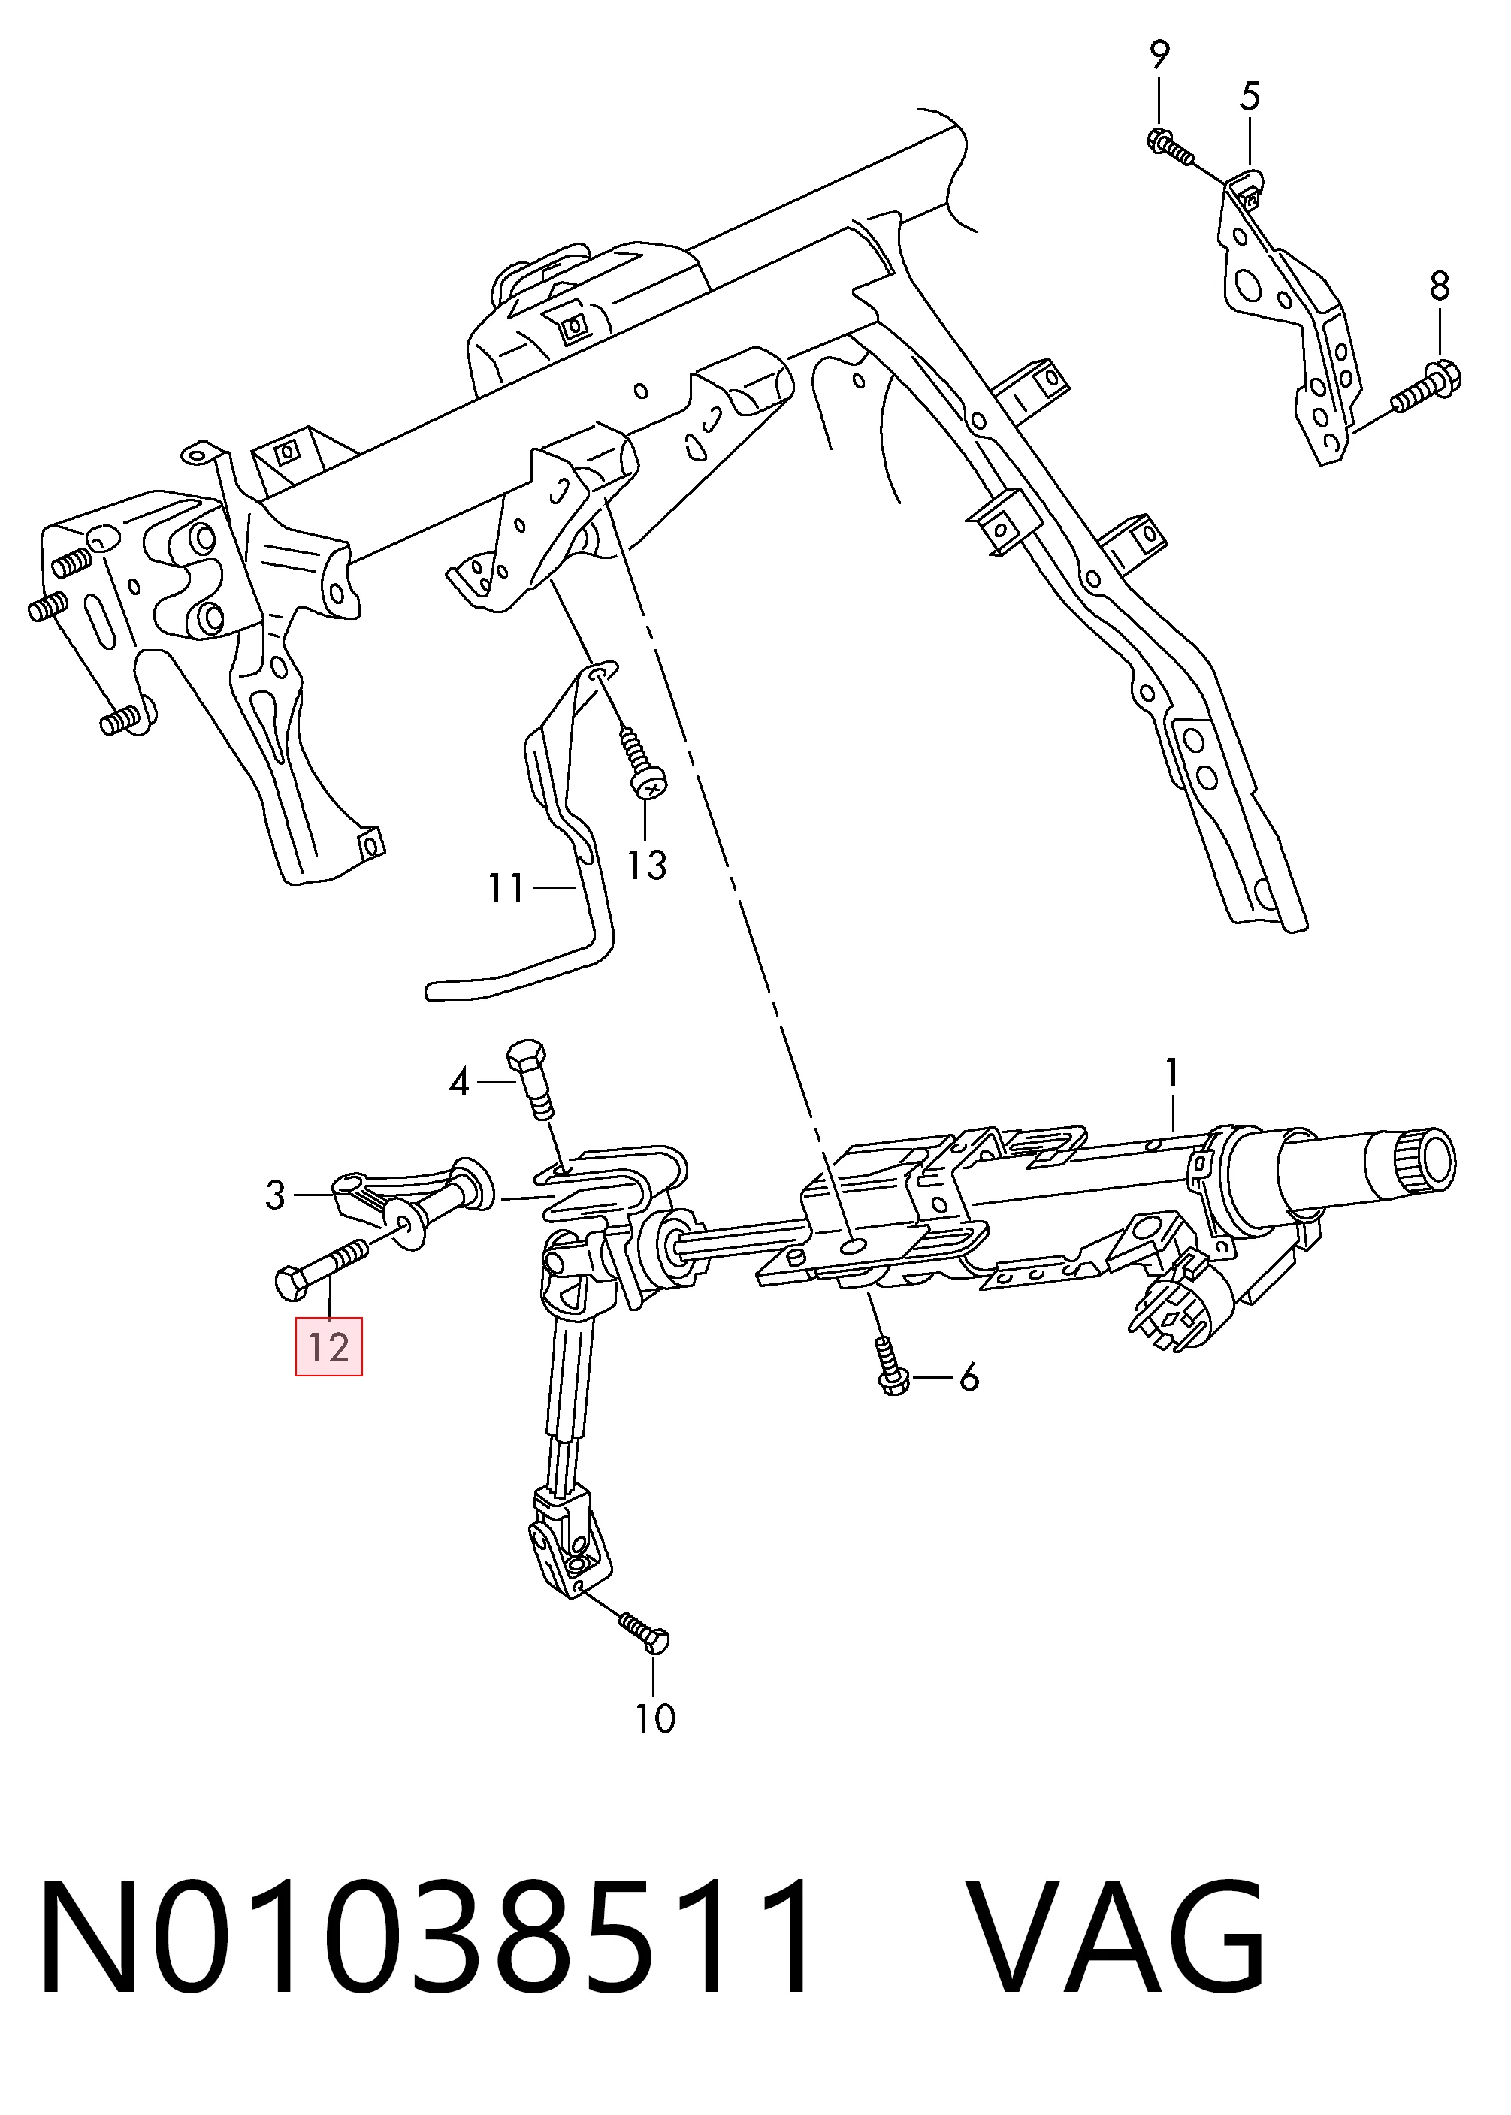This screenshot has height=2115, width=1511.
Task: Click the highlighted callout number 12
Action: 328,1346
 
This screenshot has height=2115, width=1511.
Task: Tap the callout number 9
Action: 1159,55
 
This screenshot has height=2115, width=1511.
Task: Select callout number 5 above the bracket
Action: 1250,97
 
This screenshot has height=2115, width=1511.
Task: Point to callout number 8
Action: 1440,286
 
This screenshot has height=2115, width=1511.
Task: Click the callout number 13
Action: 645,866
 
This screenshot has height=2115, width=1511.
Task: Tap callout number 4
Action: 458,1082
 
